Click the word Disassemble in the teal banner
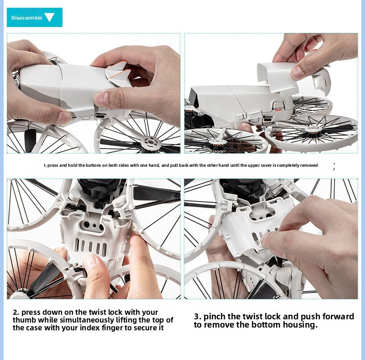pyautogui.click(x=27, y=18)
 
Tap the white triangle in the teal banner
pyautogui.click(x=49, y=17)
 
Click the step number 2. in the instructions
pyautogui.click(x=16, y=312)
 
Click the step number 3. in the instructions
pyautogui.click(x=198, y=317)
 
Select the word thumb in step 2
pyautogui.click(x=24, y=320)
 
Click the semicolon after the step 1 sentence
pyautogui.click(x=334, y=166)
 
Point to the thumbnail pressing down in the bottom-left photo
pyautogui.click(x=90, y=260)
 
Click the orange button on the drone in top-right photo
pyautogui.click(x=278, y=109)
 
